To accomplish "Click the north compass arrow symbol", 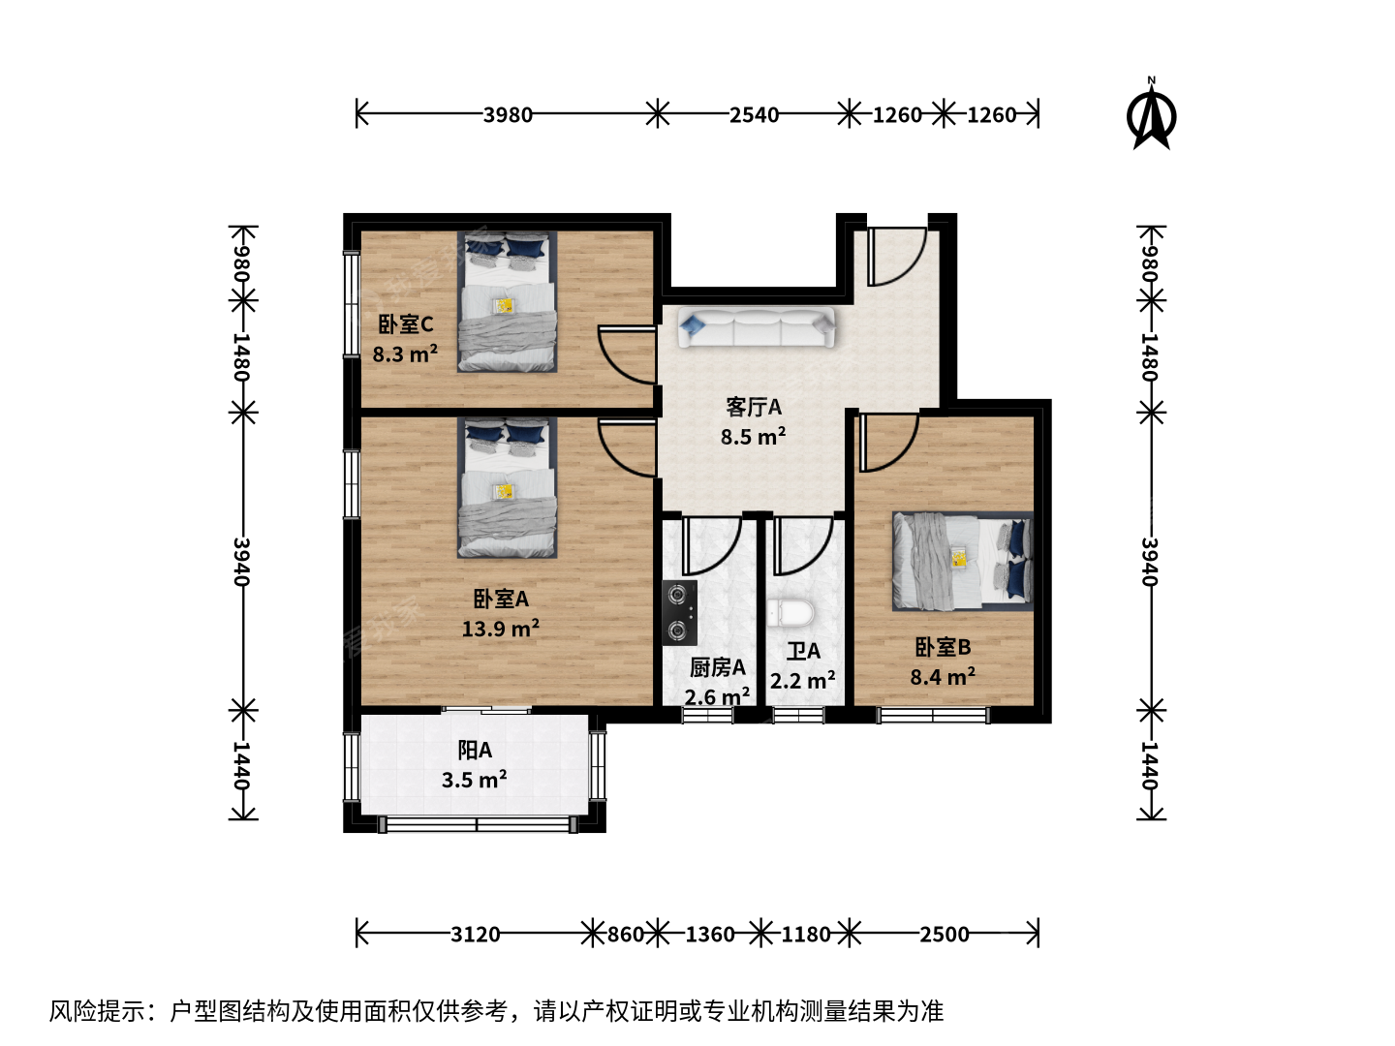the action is (1151, 114).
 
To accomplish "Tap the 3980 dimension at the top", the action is (508, 115).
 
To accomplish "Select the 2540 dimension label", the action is (754, 115).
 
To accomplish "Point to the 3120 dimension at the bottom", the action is (475, 935).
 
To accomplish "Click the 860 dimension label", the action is (626, 935).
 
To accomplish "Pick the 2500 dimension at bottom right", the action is (945, 935).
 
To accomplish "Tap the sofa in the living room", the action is (756, 327).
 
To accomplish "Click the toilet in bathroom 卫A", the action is (790, 613).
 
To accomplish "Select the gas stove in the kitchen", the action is (679, 613).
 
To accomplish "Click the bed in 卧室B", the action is (962, 562).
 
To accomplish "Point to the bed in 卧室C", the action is (508, 301).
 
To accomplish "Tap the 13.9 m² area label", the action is (500, 629).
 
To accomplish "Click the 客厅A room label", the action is (753, 407).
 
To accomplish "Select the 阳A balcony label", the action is (475, 751).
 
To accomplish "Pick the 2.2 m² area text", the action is (803, 681).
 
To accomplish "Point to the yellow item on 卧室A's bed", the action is (505, 491).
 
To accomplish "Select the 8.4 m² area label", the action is (943, 677).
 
